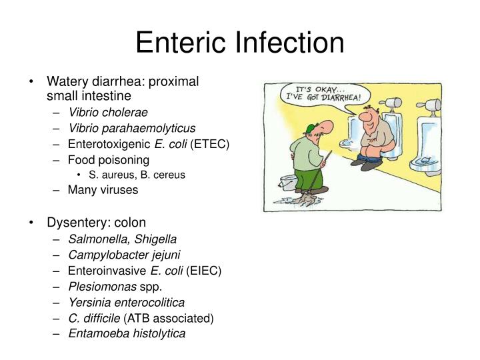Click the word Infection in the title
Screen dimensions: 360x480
tap(289, 43)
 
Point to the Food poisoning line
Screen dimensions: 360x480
tap(109, 160)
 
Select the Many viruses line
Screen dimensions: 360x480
tap(103, 190)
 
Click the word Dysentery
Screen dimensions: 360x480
tap(73, 222)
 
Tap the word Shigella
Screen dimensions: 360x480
tap(155, 239)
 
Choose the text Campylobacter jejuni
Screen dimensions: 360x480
tap(124, 255)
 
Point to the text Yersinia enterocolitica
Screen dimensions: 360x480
tap(126, 303)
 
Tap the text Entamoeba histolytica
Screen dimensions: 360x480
tap(127, 334)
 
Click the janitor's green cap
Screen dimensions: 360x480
tap(307, 127)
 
